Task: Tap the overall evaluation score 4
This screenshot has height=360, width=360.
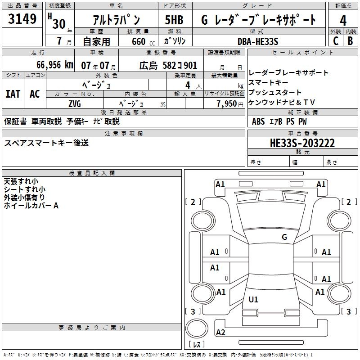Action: (x=343, y=20)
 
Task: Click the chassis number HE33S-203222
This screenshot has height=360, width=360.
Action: (x=302, y=143)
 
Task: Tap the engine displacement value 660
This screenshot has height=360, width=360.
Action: (x=138, y=41)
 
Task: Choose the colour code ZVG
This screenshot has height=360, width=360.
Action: (x=75, y=103)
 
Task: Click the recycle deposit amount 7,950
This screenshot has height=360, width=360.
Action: (x=227, y=103)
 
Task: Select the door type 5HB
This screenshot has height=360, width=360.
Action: (x=175, y=20)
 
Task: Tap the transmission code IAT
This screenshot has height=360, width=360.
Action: (x=13, y=94)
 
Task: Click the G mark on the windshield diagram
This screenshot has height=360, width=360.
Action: (x=284, y=237)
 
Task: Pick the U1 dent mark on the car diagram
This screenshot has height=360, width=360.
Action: (x=254, y=300)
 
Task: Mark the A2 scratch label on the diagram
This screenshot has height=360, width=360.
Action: (x=220, y=333)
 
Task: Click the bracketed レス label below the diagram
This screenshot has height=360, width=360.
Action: (x=197, y=344)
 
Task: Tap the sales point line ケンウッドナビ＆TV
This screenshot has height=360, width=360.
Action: (x=282, y=102)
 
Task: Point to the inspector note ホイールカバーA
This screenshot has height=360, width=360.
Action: (x=31, y=206)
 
